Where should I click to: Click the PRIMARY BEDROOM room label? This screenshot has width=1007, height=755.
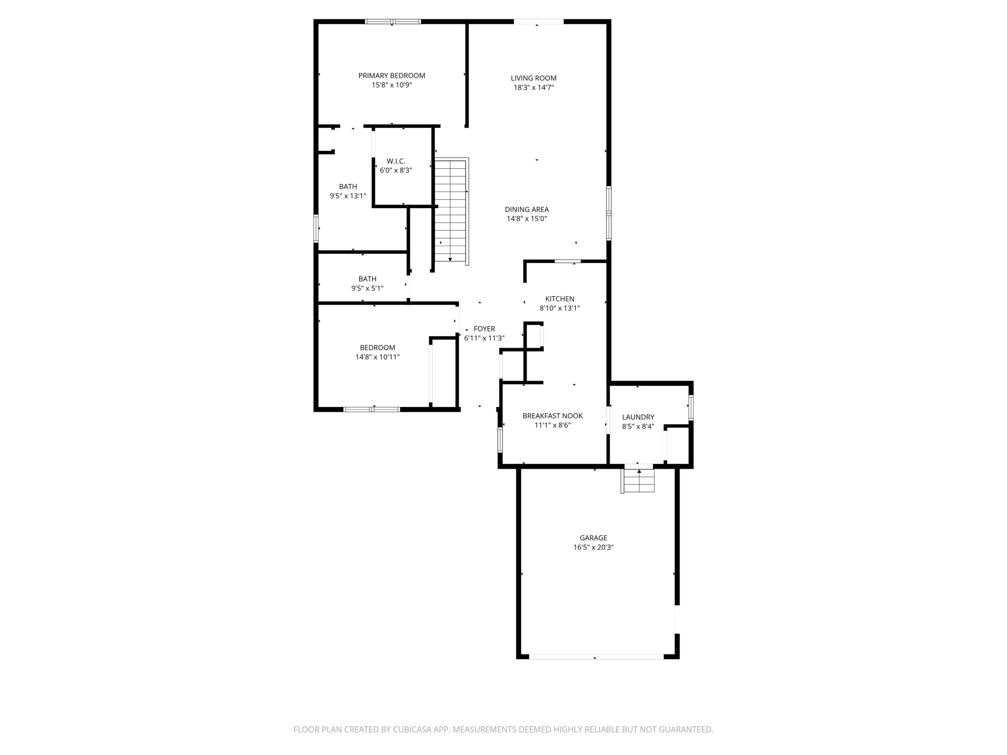tap(391, 75)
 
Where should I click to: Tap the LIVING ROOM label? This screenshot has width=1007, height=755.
tap(534, 78)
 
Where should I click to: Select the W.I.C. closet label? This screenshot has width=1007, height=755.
tap(396, 161)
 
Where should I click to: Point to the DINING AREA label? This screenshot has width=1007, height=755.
tap(527, 209)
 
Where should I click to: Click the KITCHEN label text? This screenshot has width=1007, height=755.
tap(560, 299)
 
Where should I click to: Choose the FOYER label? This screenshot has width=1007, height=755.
tap(484, 329)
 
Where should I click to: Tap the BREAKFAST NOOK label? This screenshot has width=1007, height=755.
tap(553, 416)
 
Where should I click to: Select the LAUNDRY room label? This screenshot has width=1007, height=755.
tap(638, 417)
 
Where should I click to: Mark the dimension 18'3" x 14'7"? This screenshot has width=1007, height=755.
tap(534, 87)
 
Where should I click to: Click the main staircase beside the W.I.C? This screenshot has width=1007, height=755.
tap(451, 211)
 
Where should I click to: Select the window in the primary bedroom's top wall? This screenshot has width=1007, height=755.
tap(393, 21)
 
